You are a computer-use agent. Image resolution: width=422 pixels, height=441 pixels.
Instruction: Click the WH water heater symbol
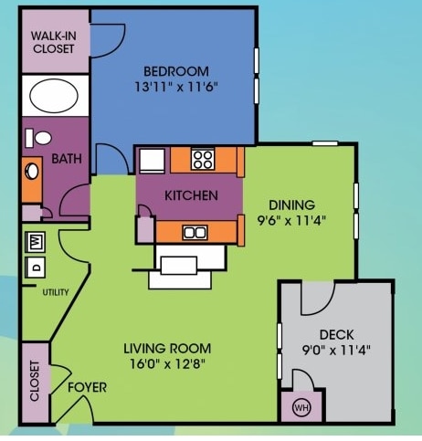(301, 407)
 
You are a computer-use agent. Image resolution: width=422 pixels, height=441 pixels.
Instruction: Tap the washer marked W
(36, 242)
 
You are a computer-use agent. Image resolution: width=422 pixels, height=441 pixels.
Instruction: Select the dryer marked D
(36, 268)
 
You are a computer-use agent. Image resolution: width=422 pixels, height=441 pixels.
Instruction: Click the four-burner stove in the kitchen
(203, 160)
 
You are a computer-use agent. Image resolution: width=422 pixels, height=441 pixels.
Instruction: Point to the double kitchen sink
(195, 233)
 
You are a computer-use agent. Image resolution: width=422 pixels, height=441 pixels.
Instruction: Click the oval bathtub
(54, 96)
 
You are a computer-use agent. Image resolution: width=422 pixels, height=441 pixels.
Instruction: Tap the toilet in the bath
(38, 139)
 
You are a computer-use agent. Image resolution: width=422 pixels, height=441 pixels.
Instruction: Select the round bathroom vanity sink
(32, 172)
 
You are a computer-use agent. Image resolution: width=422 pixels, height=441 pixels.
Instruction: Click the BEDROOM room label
(176, 71)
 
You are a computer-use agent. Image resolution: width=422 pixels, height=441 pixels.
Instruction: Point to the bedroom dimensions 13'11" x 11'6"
(176, 88)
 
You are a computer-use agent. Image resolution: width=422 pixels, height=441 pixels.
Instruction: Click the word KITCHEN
(191, 195)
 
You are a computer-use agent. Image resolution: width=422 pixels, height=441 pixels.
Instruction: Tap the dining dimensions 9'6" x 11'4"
(291, 220)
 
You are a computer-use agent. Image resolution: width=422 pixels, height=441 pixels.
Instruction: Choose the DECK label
(336, 335)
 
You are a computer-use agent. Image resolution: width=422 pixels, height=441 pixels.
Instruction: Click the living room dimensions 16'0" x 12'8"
(167, 363)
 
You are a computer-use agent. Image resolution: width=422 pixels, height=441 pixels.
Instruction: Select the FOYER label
(88, 387)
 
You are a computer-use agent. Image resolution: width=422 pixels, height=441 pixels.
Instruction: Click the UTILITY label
(56, 292)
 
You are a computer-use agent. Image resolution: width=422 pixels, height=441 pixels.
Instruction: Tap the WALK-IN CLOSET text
(54, 42)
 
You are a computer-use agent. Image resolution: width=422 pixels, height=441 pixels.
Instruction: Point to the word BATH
(67, 159)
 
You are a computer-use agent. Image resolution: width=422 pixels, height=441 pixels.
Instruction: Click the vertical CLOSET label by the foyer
(35, 381)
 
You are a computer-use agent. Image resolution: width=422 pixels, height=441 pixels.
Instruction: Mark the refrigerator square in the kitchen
(152, 161)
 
